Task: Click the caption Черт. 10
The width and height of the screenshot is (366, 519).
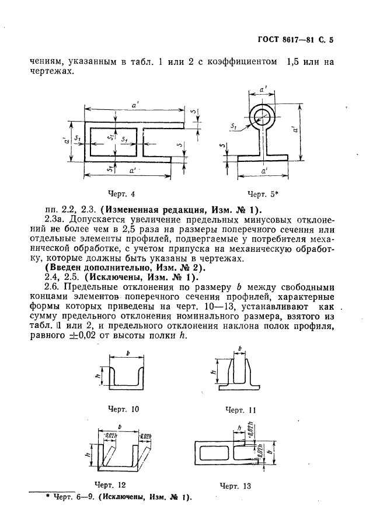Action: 124,409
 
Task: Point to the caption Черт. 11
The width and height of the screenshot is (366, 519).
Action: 240,410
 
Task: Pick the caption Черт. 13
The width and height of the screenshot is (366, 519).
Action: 235,485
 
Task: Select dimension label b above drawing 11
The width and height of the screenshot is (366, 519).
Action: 240,349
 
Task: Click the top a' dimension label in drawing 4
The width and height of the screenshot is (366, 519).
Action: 135,104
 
